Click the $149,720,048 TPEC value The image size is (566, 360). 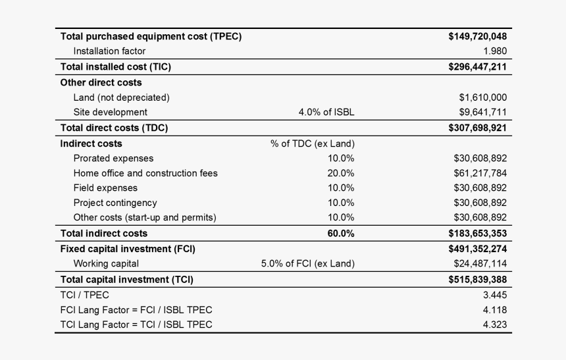tap(477, 37)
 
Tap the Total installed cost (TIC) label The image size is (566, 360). tap(116, 66)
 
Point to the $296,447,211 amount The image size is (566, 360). tap(477, 66)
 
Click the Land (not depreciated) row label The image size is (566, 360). tap(121, 97)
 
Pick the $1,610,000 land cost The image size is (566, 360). tap(483, 97)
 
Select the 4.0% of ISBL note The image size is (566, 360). tap(326, 112)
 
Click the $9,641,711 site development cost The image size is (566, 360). tap(483, 112)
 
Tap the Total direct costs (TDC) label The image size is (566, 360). tap(114, 128)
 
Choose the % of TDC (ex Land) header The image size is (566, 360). tap(313, 143)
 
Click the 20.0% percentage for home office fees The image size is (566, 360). tap(341, 173)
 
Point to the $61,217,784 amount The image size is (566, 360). tap(480, 173)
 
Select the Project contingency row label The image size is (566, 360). tap(115, 203)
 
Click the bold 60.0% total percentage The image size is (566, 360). tap(341, 234)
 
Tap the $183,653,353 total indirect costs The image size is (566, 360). tap(477, 234)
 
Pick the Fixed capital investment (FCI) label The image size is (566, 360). tap(128, 249)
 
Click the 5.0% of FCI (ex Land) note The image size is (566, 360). tap(308, 264)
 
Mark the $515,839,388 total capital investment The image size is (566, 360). tap(477, 280)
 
